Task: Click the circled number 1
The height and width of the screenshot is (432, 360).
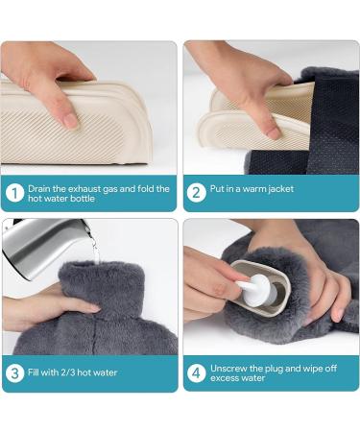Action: (14, 193)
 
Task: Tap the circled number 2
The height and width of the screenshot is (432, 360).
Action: (196, 193)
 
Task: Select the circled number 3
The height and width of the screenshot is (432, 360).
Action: (14, 373)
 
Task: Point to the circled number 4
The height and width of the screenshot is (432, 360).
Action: (196, 372)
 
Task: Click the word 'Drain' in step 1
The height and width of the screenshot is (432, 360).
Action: (38, 188)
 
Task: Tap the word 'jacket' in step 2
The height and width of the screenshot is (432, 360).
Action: (280, 189)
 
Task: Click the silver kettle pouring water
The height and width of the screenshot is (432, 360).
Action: (45, 247)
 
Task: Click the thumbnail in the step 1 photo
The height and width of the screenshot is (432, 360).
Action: (70, 121)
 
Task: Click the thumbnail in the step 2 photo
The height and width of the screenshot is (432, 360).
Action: (273, 132)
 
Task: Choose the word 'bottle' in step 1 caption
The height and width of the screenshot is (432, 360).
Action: (83, 199)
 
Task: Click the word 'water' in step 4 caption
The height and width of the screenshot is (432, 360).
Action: (253, 378)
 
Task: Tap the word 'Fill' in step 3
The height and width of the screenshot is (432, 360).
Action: (33, 372)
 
